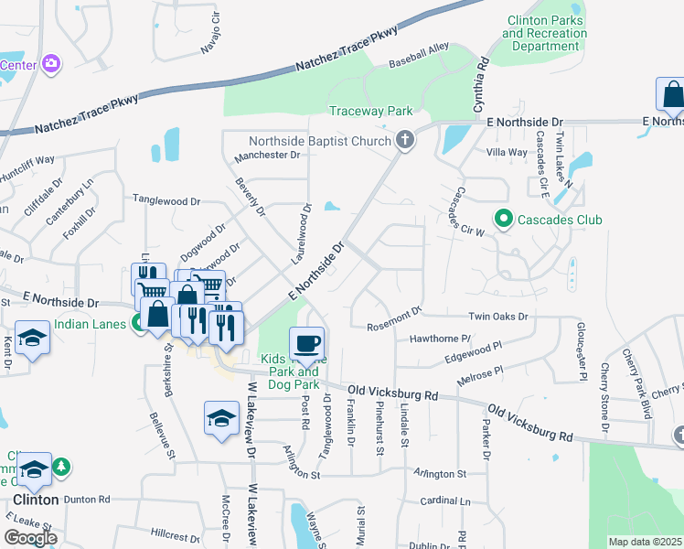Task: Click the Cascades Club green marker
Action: [x=502, y=220]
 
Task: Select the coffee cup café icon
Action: [x=307, y=343]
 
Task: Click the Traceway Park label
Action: [x=371, y=111]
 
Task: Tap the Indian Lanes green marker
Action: [x=137, y=322]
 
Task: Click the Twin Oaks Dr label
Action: [x=498, y=317]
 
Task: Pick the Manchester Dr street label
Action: [x=267, y=156]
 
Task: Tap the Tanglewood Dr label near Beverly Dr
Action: [x=166, y=199]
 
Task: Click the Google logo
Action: [x=30, y=537]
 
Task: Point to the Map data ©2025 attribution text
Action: [x=645, y=542]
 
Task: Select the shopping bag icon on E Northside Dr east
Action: [x=672, y=94]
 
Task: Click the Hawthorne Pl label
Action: [x=440, y=339]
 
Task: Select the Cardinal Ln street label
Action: [x=444, y=501]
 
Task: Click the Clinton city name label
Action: [x=36, y=500]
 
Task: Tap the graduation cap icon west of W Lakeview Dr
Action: [x=221, y=419]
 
